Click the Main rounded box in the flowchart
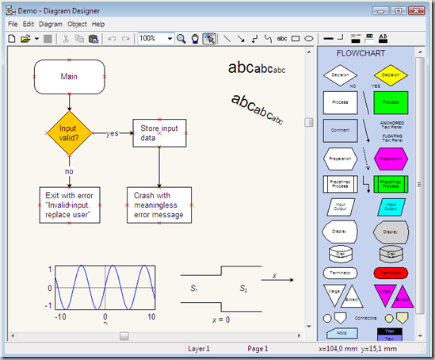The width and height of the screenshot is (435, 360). pyautogui.click(x=70, y=76)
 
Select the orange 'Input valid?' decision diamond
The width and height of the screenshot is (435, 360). pyautogui.click(x=70, y=132)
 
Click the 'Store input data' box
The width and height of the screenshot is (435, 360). pyautogui.click(x=159, y=132)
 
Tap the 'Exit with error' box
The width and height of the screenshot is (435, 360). pyautogui.click(x=70, y=205)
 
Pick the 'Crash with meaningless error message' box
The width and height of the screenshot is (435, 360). pyautogui.click(x=159, y=205)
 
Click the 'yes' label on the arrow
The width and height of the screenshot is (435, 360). pyautogui.click(x=112, y=133)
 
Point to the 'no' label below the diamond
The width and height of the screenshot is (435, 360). pyautogui.click(x=69, y=170)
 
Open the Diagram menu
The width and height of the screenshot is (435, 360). pyautogui.click(x=50, y=24)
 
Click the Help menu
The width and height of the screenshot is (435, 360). pyautogui.click(x=98, y=24)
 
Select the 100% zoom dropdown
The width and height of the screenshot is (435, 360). pyautogui.click(x=155, y=38)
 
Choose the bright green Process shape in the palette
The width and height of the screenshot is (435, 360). pyautogui.click(x=390, y=103)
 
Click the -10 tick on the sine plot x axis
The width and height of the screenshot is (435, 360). pyautogui.click(x=59, y=317)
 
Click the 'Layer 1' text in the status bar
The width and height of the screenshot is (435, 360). pyautogui.click(x=198, y=348)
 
